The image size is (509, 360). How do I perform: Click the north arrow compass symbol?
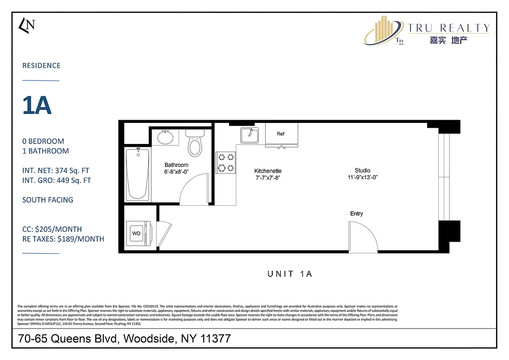coord(27,25)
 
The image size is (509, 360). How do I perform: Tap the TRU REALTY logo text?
coord(448,28)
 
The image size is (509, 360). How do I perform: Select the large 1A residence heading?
coord(37,105)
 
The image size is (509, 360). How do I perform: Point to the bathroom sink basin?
coord(165,137)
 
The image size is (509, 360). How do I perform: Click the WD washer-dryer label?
coord(136,234)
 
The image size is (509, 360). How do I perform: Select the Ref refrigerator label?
coord(281,134)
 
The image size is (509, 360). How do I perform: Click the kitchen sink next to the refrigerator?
coord(249,135)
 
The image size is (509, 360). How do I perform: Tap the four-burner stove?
coord(226,162)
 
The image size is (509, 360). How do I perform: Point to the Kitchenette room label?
coord(268,171)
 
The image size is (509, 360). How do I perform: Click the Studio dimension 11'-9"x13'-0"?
coord(362,177)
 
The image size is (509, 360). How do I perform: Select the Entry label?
coord(356,213)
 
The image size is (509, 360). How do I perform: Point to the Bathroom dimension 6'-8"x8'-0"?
coord(176,171)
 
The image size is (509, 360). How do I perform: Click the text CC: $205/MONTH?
coord(52,229)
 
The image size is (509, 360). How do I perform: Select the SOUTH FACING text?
coord(48,200)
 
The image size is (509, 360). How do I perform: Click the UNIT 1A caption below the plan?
coord(289,274)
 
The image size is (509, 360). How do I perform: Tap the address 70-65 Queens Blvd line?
coord(124,338)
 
